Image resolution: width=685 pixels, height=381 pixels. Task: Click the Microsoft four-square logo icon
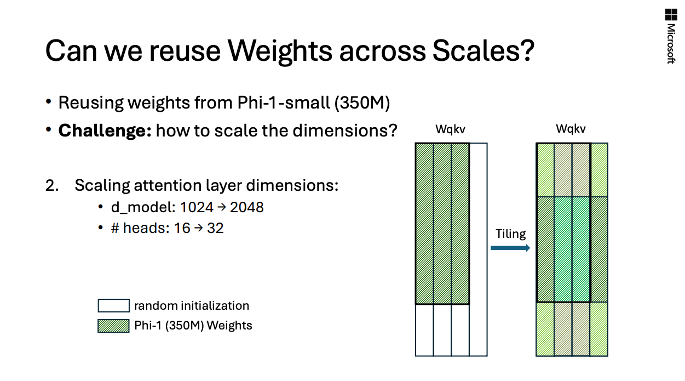(x=671, y=15)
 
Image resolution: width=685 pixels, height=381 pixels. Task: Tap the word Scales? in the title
(x=483, y=50)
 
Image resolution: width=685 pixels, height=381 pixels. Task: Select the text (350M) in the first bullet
(x=362, y=103)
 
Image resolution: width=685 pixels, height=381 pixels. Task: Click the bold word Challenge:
(x=105, y=131)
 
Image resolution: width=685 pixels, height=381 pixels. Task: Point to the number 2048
(x=246, y=207)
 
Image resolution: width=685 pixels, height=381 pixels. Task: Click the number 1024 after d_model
(x=197, y=207)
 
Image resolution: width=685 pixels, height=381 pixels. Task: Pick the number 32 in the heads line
(x=215, y=228)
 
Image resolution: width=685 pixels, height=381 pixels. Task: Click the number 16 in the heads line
(x=182, y=228)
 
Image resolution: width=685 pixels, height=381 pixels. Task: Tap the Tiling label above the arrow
(x=510, y=234)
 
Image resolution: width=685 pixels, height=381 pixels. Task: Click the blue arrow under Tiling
(x=510, y=248)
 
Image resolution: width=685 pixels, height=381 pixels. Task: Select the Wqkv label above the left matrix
(x=450, y=129)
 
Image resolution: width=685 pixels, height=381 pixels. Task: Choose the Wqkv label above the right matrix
(x=571, y=129)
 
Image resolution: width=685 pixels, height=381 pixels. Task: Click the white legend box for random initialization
(x=113, y=306)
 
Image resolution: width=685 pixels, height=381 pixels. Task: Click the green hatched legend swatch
(x=113, y=326)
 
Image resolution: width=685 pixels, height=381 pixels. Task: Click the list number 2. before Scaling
(x=52, y=186)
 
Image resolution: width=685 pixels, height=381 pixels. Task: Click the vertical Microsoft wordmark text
(x=671, y=44)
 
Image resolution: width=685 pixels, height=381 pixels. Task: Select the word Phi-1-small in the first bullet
(x=284, y=103)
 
